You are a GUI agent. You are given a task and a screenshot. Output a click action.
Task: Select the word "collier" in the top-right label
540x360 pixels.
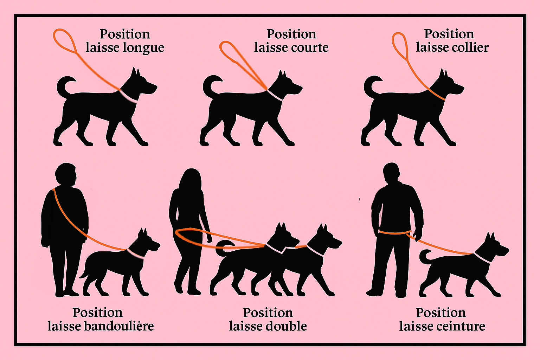[471, 47]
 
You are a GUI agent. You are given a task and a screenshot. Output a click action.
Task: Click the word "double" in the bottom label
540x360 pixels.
[287, 326]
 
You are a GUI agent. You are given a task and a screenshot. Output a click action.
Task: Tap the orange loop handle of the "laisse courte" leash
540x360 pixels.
[231, 51]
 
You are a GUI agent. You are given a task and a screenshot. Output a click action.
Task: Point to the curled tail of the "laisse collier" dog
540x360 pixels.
[371, 86]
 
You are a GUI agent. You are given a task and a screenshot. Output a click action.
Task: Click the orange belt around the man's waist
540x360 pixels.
[394, 232]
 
